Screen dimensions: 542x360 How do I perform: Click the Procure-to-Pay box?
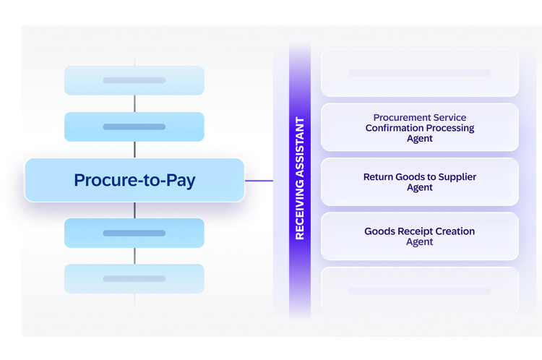point(134,180)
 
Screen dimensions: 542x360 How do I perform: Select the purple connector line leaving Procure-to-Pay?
point(259,181)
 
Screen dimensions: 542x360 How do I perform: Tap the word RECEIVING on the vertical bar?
point(300,210)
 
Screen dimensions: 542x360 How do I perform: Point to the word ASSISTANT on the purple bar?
point(300,147)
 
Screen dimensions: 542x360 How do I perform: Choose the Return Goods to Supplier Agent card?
point(420,182)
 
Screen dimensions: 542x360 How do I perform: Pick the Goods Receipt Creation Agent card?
point(420,236)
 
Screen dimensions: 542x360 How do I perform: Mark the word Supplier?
point(457,177)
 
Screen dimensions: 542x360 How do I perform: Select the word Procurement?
point(397,118)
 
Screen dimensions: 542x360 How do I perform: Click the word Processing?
point(450,128)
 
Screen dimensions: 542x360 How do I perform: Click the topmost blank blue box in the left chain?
point(134,80)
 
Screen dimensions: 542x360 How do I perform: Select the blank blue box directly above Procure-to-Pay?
point(134,127)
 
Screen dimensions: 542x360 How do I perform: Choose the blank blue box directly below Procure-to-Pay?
point(134,233)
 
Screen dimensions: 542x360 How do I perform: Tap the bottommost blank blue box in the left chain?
point(134,279)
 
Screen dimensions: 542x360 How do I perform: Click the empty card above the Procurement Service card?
point(420,73)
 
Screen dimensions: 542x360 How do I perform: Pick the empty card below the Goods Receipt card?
point(420,291)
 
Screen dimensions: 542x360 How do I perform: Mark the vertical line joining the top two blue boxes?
point(134,103)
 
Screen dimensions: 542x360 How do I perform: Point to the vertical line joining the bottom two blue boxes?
point(134,256)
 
